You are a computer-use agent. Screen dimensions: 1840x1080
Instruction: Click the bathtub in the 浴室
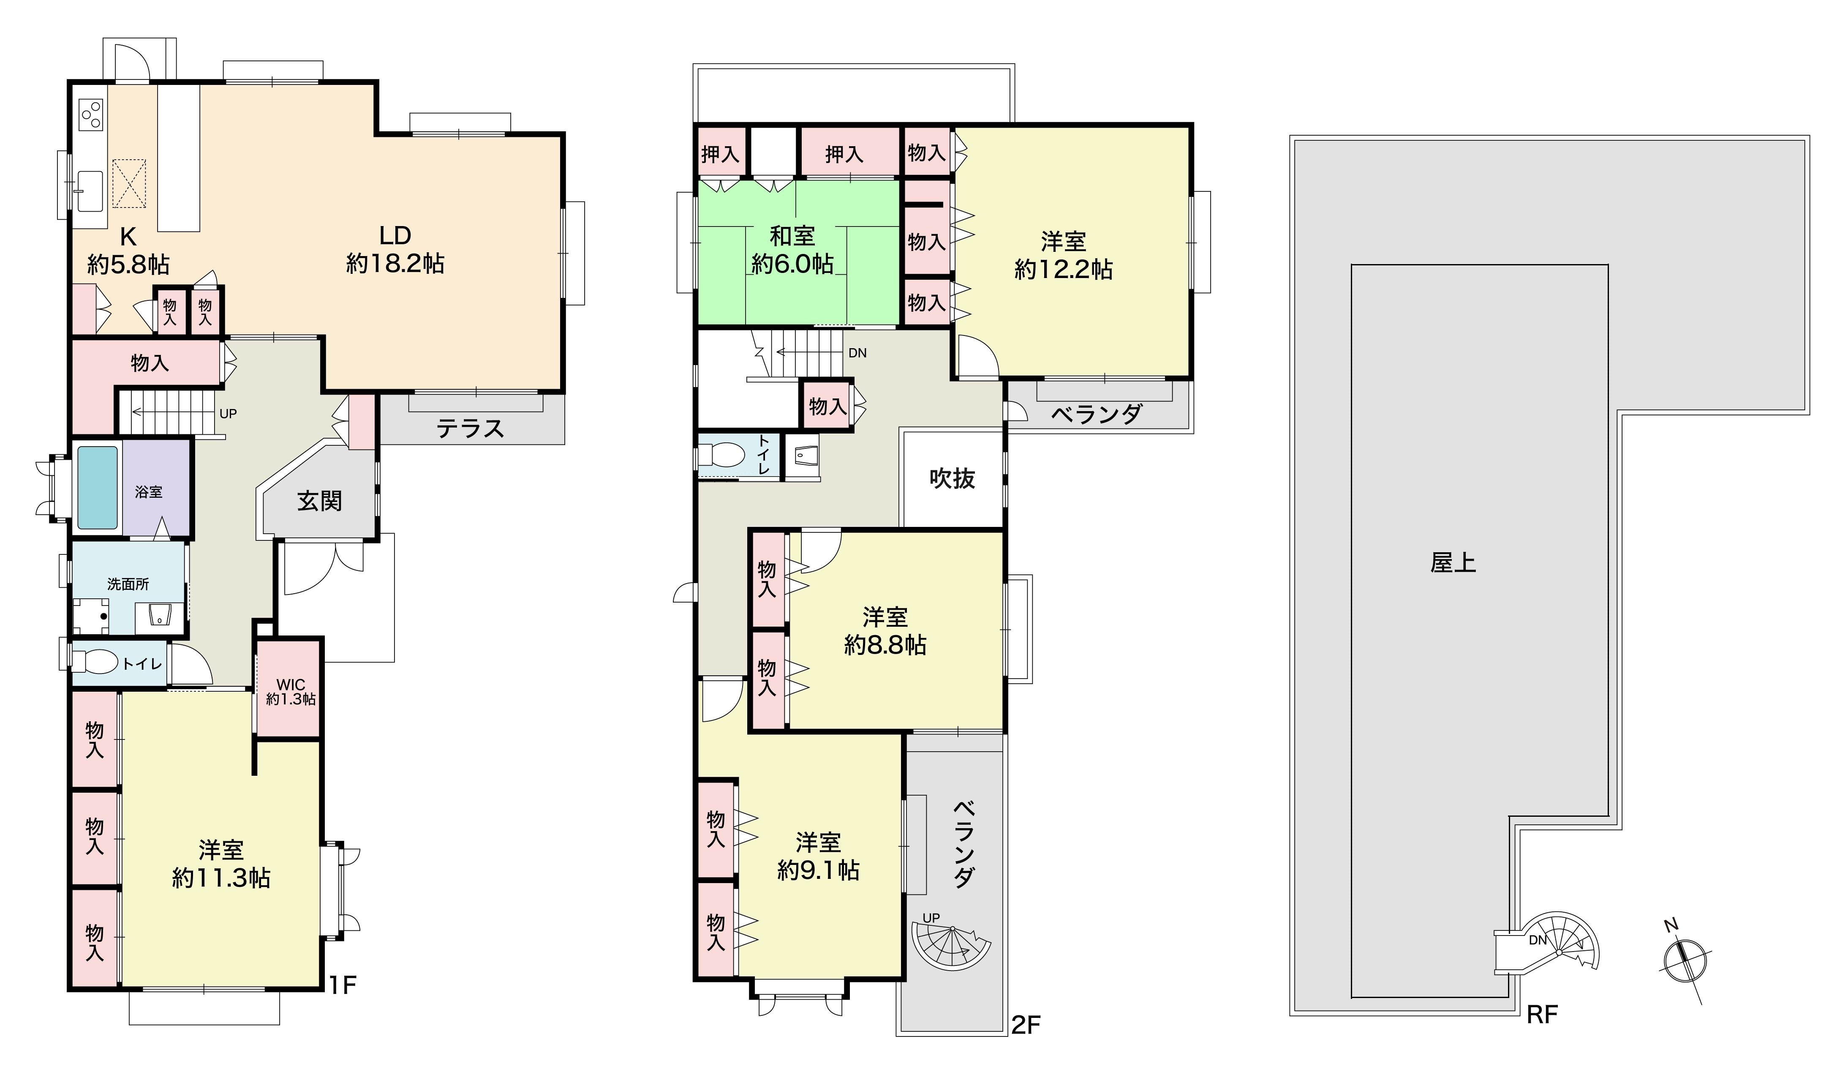click(98, 487)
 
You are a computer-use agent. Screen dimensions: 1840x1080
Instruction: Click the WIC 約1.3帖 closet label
click(291, 692)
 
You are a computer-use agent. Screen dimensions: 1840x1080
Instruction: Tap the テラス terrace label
click(470, 428)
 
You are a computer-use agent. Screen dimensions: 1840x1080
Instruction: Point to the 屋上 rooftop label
click(1453, 563)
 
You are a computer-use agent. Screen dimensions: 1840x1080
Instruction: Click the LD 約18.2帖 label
click(395, 249)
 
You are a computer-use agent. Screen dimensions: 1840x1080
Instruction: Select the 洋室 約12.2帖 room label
click(1063, 255)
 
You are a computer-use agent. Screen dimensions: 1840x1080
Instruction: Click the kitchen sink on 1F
click(90, 190)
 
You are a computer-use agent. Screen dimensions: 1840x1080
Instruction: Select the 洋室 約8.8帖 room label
click(885, 631)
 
